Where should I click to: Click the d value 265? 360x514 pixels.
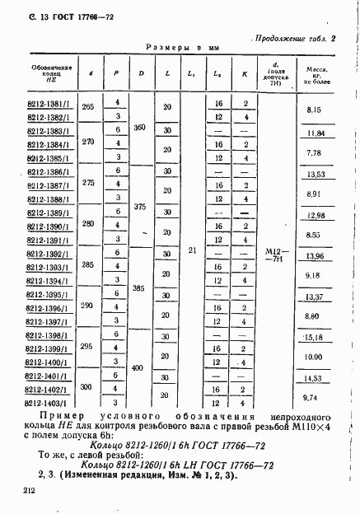(89, 109)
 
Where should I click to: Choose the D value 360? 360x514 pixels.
(140, 128)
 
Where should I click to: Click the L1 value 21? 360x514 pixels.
(192, 248)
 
